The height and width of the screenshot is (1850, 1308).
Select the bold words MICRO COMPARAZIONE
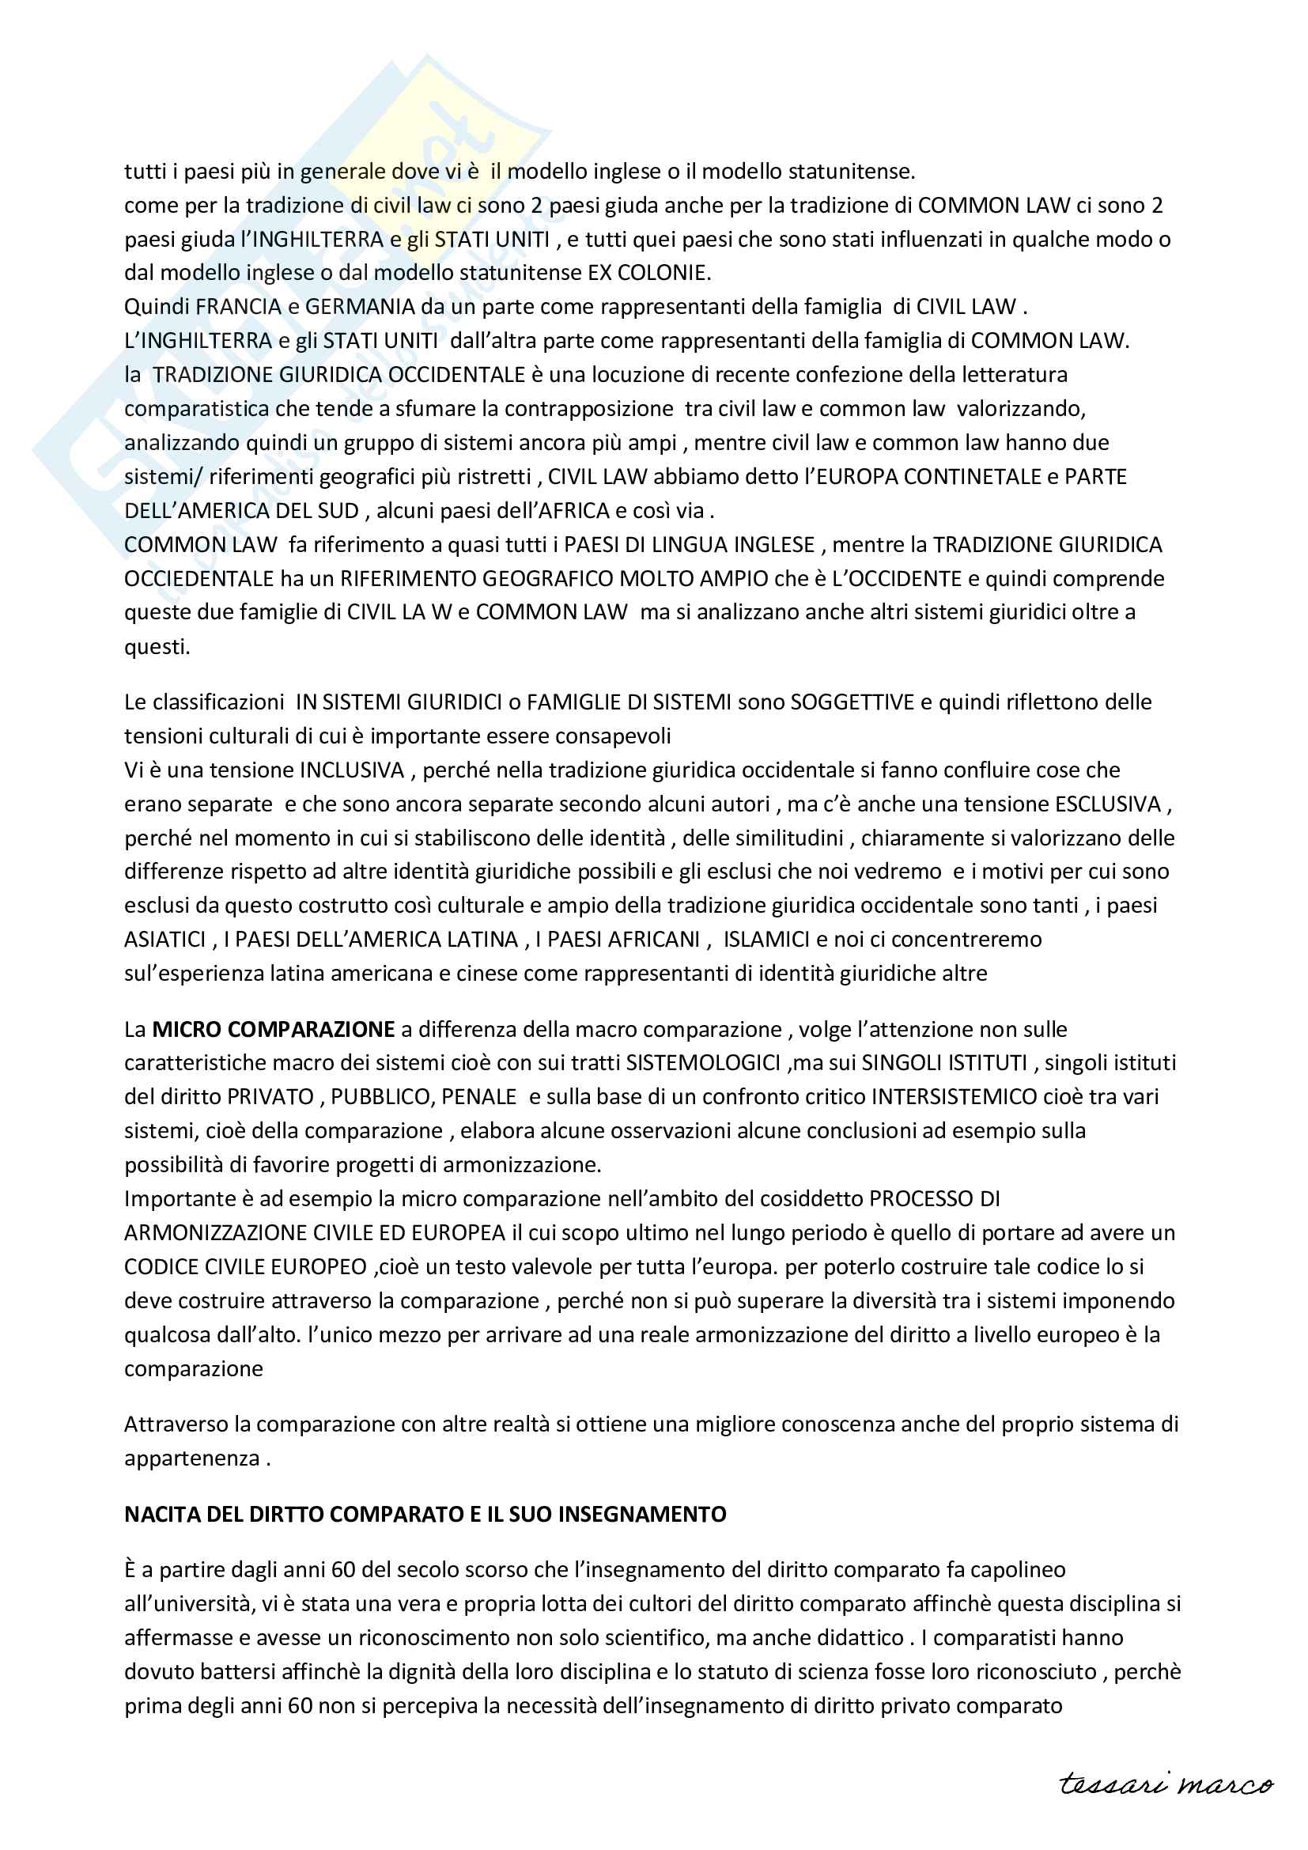[x=273, y=1029]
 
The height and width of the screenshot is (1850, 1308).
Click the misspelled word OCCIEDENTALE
[x=199, y=578]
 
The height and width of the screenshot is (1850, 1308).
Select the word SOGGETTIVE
[x=852, y=702]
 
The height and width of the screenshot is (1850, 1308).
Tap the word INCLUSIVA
[x=351, y=770]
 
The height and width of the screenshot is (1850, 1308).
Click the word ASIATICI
[x=164, y=940]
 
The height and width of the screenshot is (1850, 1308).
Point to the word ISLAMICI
[x=766, y=940]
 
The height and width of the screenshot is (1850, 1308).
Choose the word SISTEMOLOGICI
[x=702, y=1063]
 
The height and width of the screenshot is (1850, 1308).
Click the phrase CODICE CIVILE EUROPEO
[x=245, y=1266]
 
